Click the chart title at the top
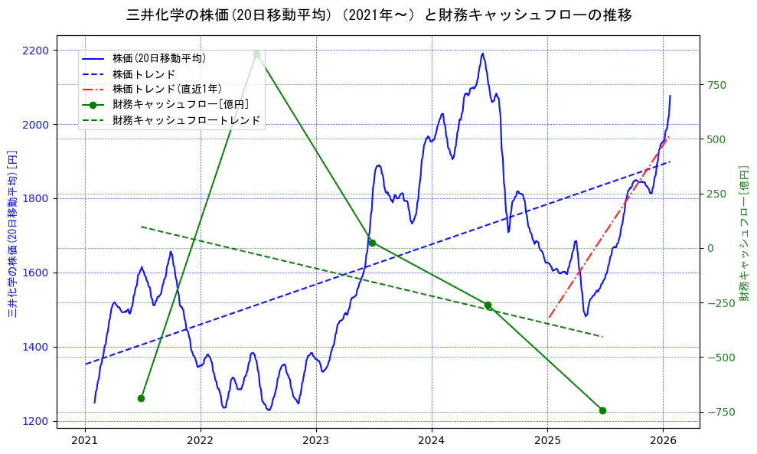point(378,15)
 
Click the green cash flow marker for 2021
point(141,398)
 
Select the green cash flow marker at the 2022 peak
point(256,54)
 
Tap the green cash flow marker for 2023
point(372,243)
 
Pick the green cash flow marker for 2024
point(488,305)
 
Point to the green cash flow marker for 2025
point(602,410)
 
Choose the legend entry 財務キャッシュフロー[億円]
point(180,104)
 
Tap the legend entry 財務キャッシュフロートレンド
point(186,120)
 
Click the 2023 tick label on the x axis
point(316,441)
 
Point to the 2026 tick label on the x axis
point(663,441)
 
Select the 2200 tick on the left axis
point(34,51)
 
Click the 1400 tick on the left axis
point(34,347)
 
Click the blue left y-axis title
point(12,233)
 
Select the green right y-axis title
point(744,233)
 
